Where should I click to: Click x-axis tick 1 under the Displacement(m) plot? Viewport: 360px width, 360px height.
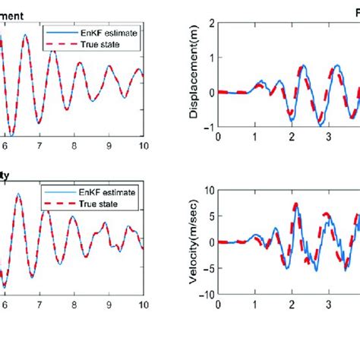[255, 137]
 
